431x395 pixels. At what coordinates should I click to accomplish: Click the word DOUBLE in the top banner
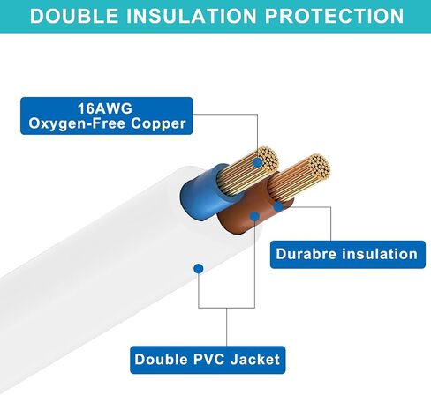click(74, 16)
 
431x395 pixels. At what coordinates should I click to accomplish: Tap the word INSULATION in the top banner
click(192, 16)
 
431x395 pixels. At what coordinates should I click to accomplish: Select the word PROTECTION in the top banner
click(334, 16)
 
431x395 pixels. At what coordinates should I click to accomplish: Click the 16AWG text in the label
click(105, 108)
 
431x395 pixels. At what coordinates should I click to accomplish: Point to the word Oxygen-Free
click(77, 123)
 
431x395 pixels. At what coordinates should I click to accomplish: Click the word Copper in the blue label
click(158, 123)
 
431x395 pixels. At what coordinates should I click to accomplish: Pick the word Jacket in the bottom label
click(255, 360)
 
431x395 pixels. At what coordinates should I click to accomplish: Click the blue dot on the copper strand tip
click(258, 162)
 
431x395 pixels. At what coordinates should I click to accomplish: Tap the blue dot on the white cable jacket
click(199, 268)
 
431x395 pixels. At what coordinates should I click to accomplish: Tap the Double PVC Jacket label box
click(208, 360)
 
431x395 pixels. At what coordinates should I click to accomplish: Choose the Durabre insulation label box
click(348, 254)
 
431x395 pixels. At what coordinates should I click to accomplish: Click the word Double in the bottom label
click(161, 360)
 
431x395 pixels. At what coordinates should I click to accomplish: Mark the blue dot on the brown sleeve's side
click(278, 206)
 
